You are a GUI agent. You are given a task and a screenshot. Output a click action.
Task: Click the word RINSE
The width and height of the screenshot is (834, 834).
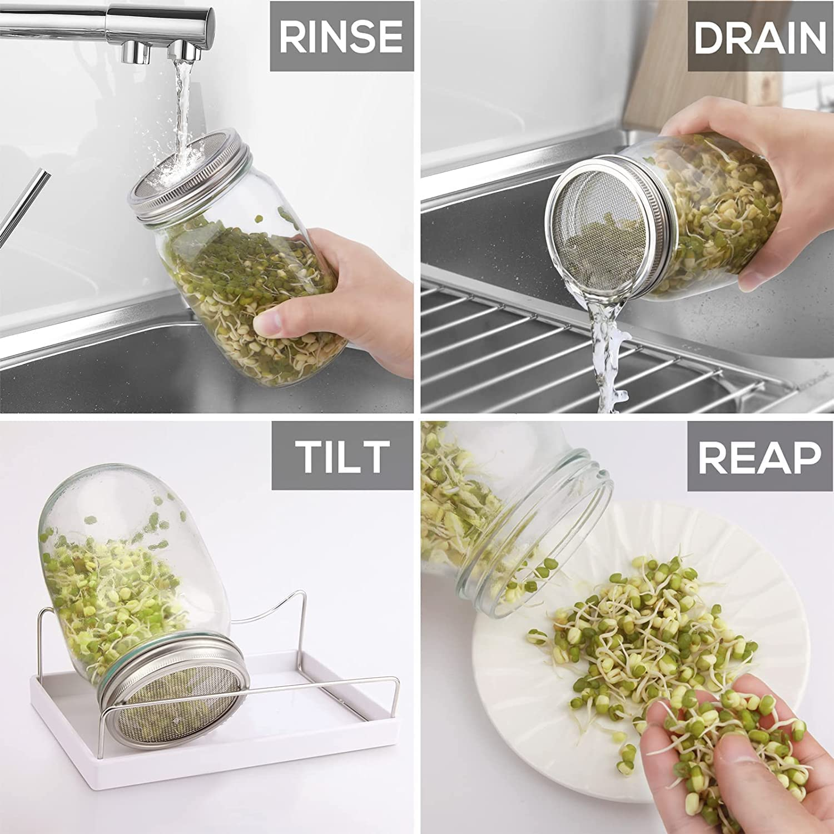[341, 36]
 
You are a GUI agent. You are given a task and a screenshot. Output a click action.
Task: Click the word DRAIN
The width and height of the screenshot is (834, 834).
[759, 37]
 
